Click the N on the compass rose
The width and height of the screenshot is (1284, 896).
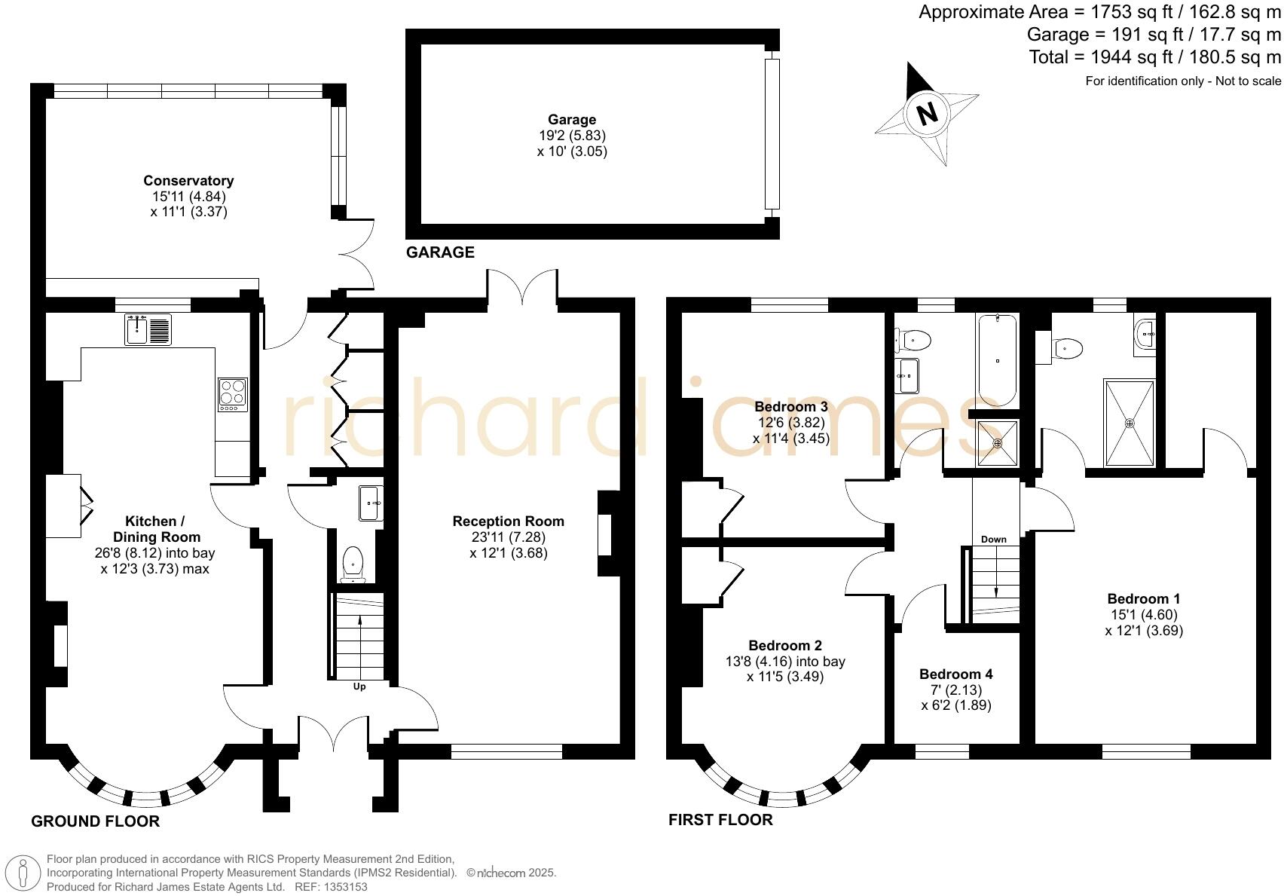click(x=927, y=113)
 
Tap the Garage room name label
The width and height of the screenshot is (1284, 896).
click(x=572, y=119)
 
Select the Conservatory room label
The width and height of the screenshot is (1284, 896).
click(x=188, y=180)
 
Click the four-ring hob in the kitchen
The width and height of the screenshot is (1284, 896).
click(x=233, y=394)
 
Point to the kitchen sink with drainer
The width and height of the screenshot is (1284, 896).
click(x=148, y=329)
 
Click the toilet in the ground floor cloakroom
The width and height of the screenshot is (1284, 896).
click(x=353, y=564)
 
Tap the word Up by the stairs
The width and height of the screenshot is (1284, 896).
click(x=359, y=687)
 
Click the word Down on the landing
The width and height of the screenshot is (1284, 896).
click(x=994, y=539)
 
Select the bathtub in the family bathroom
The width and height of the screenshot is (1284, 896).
click(x=997, y=361)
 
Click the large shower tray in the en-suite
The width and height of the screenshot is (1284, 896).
click(x=1129, y=423)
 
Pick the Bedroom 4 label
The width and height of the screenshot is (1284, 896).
click(x=955, y=674)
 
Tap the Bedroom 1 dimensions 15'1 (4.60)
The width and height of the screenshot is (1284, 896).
click(x=1144, y=614)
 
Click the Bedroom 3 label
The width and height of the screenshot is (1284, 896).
click(x=791, y=407)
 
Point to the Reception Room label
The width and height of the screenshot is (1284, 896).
click(x=508, y=521)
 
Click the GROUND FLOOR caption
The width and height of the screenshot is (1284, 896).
click(x=95, y=821)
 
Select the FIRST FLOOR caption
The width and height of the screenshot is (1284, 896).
click(x=720, y=820)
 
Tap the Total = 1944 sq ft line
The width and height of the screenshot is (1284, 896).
click(x=1154, y=57)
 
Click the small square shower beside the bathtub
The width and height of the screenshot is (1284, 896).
click(x=998, y=443)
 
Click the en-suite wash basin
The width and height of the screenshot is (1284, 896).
click(x=1145, y=334)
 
